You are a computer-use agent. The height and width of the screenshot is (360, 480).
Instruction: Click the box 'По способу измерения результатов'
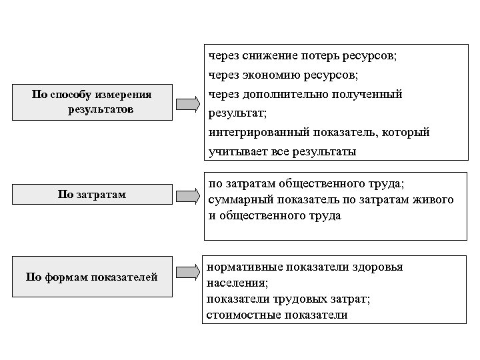92,101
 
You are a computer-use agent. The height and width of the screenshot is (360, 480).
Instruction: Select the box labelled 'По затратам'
92,195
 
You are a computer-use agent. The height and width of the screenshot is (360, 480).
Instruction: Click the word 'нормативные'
245,267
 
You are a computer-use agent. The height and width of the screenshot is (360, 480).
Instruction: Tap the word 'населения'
231,283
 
